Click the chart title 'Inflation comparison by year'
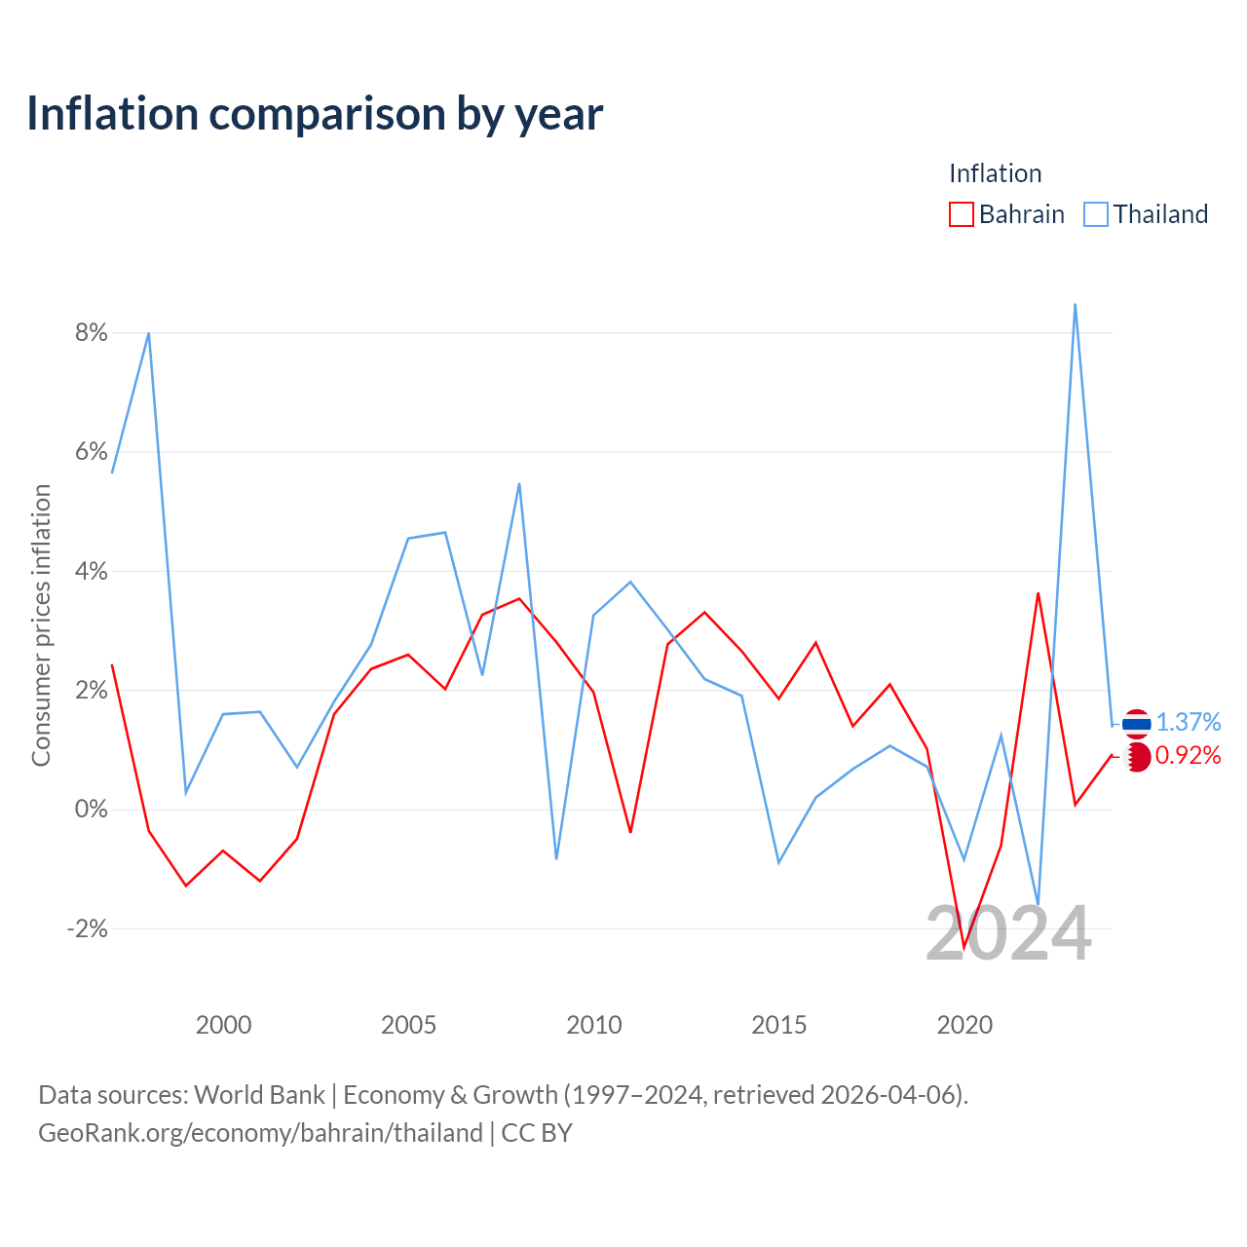(x=315, y=114)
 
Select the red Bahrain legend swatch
(x=961, y=214)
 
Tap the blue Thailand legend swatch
(x=1096, y=214)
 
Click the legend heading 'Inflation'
(x=996, y=173)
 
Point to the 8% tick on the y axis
(x=92, y=332)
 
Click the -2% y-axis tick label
(x=88, y=928)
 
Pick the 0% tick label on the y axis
(x=92, y=809)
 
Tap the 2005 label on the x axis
(x=408, y=1025)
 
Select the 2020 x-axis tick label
(x=964, y=1025)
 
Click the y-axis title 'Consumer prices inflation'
(x=41, y=625)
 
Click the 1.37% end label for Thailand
(x=1189, y=722)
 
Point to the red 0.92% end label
(x=1189, y=755)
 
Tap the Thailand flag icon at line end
(x=1136, y=724)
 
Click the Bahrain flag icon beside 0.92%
(x=1137, y=757)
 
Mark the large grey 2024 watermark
(x=1008, y=933)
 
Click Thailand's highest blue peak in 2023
(x=1075, y=304)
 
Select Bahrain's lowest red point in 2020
(x=964, y=947)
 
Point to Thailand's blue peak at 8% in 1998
(x=149, y=333)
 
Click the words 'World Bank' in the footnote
(x=259, y=1095)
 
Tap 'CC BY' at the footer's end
(x=537, y=1133)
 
